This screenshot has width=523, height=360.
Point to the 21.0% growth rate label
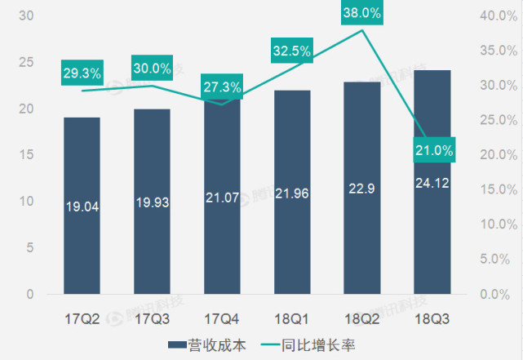[432, 151]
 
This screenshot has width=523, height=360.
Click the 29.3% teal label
[82, 73]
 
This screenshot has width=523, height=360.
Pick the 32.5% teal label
[292, 51]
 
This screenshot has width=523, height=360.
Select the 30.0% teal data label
[152, 69]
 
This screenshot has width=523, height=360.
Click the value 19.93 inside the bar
[152, 202]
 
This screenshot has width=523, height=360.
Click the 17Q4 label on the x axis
[222, 318]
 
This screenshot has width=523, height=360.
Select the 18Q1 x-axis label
[292, 318]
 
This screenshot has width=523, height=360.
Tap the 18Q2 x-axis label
[362, 318]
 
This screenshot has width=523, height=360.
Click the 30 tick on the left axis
[25, 16]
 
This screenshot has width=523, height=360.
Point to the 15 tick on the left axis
[25, 154]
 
